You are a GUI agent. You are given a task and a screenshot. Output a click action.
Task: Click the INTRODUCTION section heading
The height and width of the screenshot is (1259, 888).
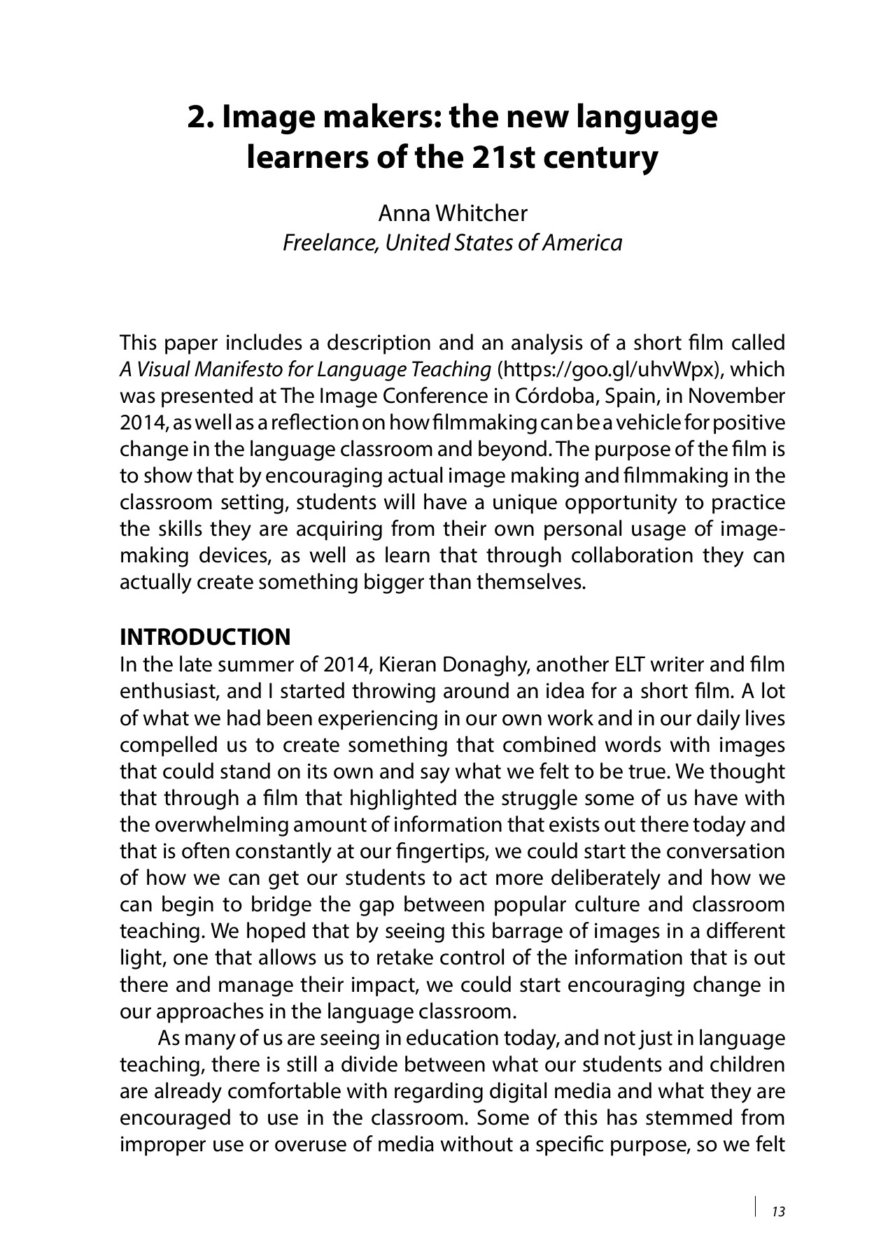click(x=205, y=637)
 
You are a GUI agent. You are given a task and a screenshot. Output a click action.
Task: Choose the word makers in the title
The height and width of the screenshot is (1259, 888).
click(x=374, y=117)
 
